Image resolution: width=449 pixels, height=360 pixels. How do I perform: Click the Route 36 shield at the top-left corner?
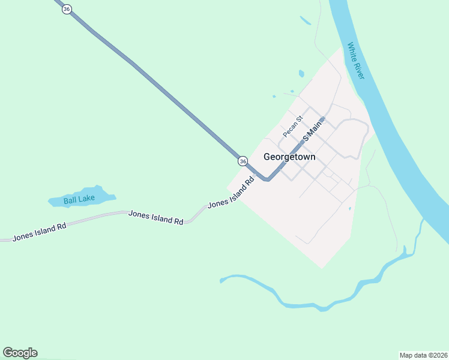67,9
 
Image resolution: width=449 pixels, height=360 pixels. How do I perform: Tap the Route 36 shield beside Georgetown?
243,161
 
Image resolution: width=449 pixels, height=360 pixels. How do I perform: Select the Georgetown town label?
289,157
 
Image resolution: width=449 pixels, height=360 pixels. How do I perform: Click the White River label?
356,60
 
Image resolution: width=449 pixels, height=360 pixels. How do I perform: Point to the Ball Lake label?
75,200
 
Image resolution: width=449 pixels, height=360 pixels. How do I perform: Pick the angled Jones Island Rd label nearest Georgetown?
231,194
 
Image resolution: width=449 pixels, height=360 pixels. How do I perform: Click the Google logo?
20,353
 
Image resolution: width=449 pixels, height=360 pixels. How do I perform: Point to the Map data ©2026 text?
423,355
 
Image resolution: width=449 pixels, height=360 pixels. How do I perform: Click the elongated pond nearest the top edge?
306,21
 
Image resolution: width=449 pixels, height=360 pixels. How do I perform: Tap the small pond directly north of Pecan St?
301,74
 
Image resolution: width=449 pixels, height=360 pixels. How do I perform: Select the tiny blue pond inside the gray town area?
349,209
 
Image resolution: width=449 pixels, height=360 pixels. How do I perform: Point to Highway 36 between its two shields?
156,84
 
